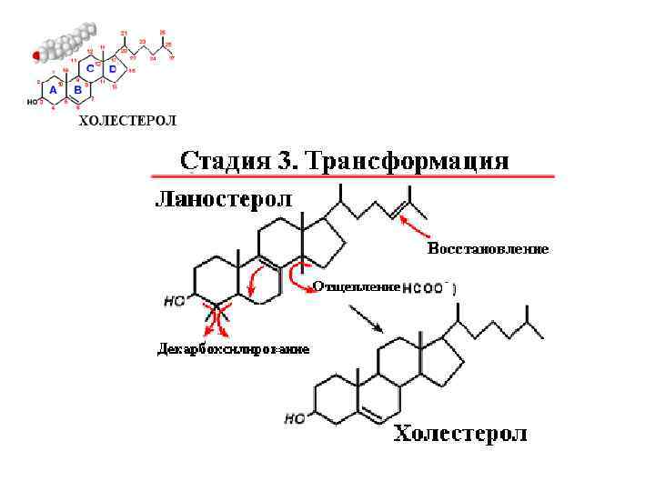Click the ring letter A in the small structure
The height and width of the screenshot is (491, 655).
tap(53, 90)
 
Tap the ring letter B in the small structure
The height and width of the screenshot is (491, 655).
tap(77, 90)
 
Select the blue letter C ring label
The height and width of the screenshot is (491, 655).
tap(90, 68)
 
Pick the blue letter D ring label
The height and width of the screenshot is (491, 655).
tap(112, 68)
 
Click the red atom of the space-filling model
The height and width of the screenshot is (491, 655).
tap(36, 56)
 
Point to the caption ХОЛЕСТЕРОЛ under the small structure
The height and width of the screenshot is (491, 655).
tap(127, 120)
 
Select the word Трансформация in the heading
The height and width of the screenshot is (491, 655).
tap(407, 161)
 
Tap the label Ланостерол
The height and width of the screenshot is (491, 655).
tap(224, 199)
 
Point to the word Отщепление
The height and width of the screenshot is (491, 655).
tap(357, 286)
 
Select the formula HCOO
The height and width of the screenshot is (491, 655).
tap(425, 287)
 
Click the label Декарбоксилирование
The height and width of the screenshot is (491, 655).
tap(233, 348)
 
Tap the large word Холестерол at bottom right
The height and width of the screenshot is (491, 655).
tap(459, 434)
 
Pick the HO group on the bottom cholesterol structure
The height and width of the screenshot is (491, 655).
tap(295, 420)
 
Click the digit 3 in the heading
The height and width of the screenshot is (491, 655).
tap(286, 161)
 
